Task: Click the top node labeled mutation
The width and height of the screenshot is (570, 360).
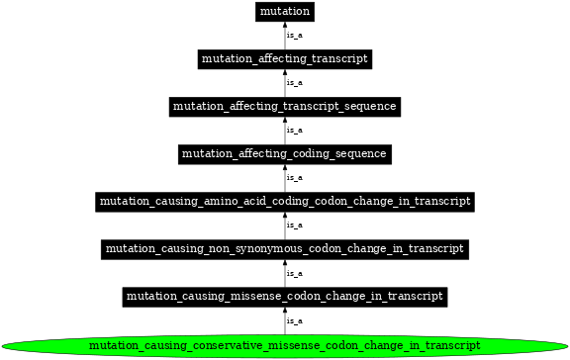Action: click(285, 12)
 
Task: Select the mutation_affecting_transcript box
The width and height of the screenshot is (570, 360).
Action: click(285, 59)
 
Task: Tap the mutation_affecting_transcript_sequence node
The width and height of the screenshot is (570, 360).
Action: click(285, 106)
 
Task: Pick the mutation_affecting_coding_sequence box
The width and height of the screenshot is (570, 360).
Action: click(285, 153)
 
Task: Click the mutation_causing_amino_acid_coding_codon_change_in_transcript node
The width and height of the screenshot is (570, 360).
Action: click(285, 201)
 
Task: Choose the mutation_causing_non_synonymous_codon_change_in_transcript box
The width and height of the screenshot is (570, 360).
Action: click(285, 248)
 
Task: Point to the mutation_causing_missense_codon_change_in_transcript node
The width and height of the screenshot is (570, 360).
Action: click(285, 296)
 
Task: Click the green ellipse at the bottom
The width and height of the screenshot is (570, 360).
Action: click(285, 345)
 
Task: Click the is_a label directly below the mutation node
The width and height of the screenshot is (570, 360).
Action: click(294, 36)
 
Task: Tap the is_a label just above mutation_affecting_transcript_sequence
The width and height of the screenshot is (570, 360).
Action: click(294, 83)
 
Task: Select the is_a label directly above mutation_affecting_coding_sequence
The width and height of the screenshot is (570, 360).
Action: click(294, 130)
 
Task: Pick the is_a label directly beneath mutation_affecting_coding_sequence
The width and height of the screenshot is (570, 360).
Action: click(294, 177)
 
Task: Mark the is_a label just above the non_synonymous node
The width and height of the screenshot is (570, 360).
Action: click(294, 225)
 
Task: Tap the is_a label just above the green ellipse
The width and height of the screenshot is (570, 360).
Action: click(294, 320)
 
